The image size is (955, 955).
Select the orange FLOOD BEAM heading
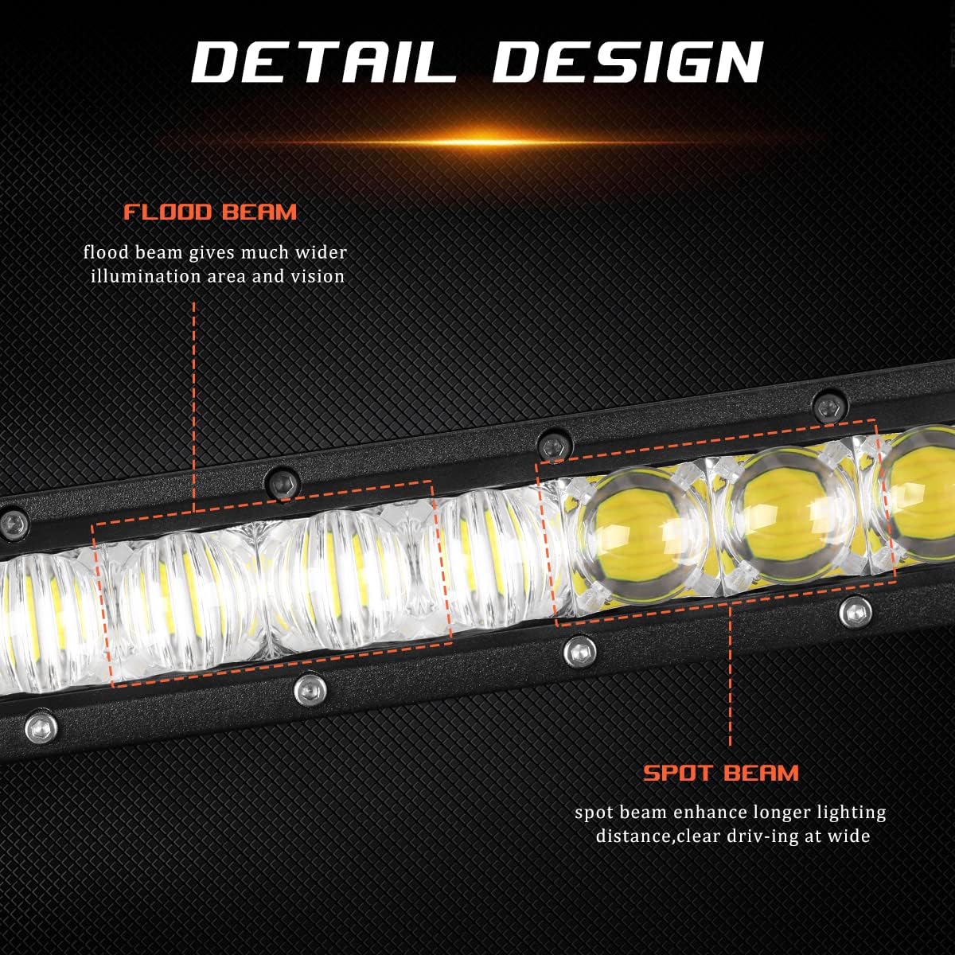point(210,212)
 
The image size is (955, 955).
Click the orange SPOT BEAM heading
point(721,773)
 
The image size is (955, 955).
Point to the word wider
point(318,253)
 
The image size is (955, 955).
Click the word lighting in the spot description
point(853,813)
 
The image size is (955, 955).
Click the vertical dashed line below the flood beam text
point(194,406)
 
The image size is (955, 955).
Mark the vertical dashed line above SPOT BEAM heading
point(731,676)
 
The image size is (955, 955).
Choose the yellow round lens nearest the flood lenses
point(637,541)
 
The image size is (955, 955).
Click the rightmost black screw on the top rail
point(830,406)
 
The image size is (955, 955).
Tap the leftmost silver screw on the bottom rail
point(38,726)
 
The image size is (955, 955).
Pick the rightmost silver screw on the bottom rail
point(854,611)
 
